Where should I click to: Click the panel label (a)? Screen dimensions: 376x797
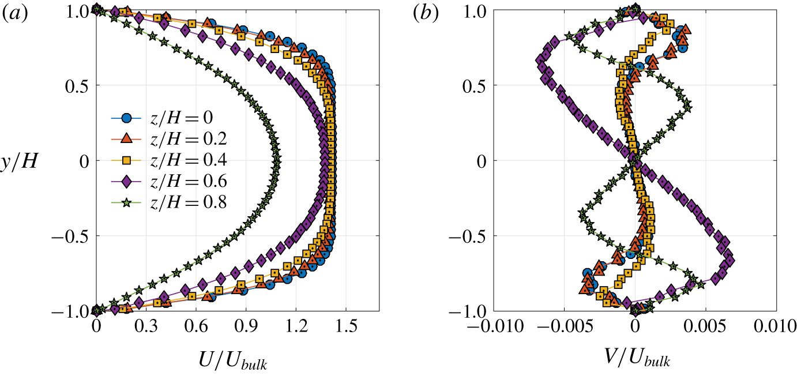point(14,15)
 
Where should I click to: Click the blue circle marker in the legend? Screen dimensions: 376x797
point(128,118)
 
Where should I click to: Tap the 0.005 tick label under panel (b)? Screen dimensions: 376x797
point(706,327)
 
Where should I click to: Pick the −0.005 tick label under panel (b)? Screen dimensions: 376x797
point(560,327)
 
